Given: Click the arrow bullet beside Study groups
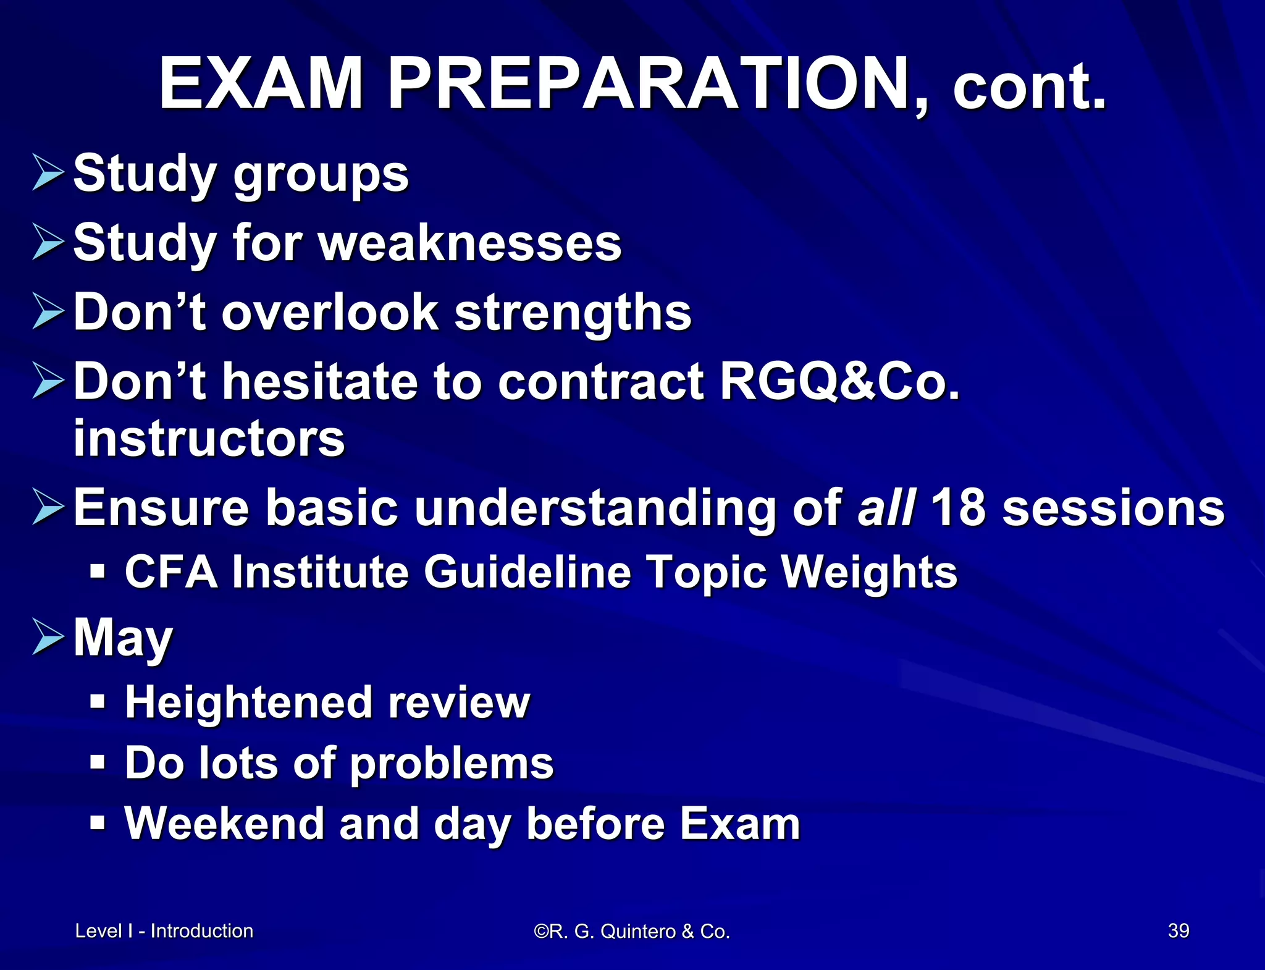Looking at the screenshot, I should [x=48, y=173].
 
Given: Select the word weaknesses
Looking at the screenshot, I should [x=470, y=243].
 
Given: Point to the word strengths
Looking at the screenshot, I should [x=573, y=312].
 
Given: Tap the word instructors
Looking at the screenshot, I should [x=209, y=438].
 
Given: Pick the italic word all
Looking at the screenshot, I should [x=885, y=508].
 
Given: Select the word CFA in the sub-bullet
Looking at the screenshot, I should [x=172, y=571].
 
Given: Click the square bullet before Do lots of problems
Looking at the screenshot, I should [x=98, y=762].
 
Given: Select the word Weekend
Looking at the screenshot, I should [x=224, y=824].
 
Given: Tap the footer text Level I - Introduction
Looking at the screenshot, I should [x=164, y=930].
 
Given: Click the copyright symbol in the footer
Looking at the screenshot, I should [x=540, y=931].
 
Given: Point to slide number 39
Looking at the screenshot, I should [x=1178, y=930].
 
